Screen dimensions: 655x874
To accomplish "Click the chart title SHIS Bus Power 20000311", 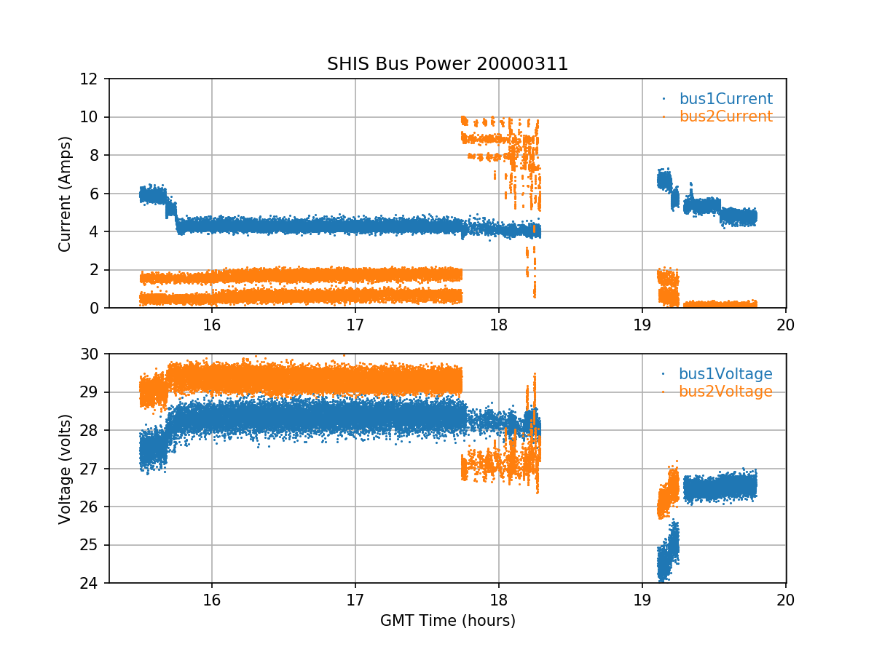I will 447,64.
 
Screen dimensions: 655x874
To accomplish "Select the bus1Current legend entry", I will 725,99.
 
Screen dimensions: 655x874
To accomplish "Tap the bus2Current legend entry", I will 725,116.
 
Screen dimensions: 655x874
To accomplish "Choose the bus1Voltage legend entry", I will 725,374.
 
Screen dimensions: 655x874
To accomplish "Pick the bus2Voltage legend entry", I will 725,392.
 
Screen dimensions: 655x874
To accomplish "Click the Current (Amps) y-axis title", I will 66,194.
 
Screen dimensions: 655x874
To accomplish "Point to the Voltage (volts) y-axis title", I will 66,469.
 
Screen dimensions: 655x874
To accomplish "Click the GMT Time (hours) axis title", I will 447,621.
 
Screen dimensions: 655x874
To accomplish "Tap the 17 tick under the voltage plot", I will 355,600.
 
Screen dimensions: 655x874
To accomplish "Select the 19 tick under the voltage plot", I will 642,600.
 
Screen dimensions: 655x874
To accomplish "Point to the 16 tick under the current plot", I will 212,325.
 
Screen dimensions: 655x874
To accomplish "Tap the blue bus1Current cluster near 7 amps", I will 664,179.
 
